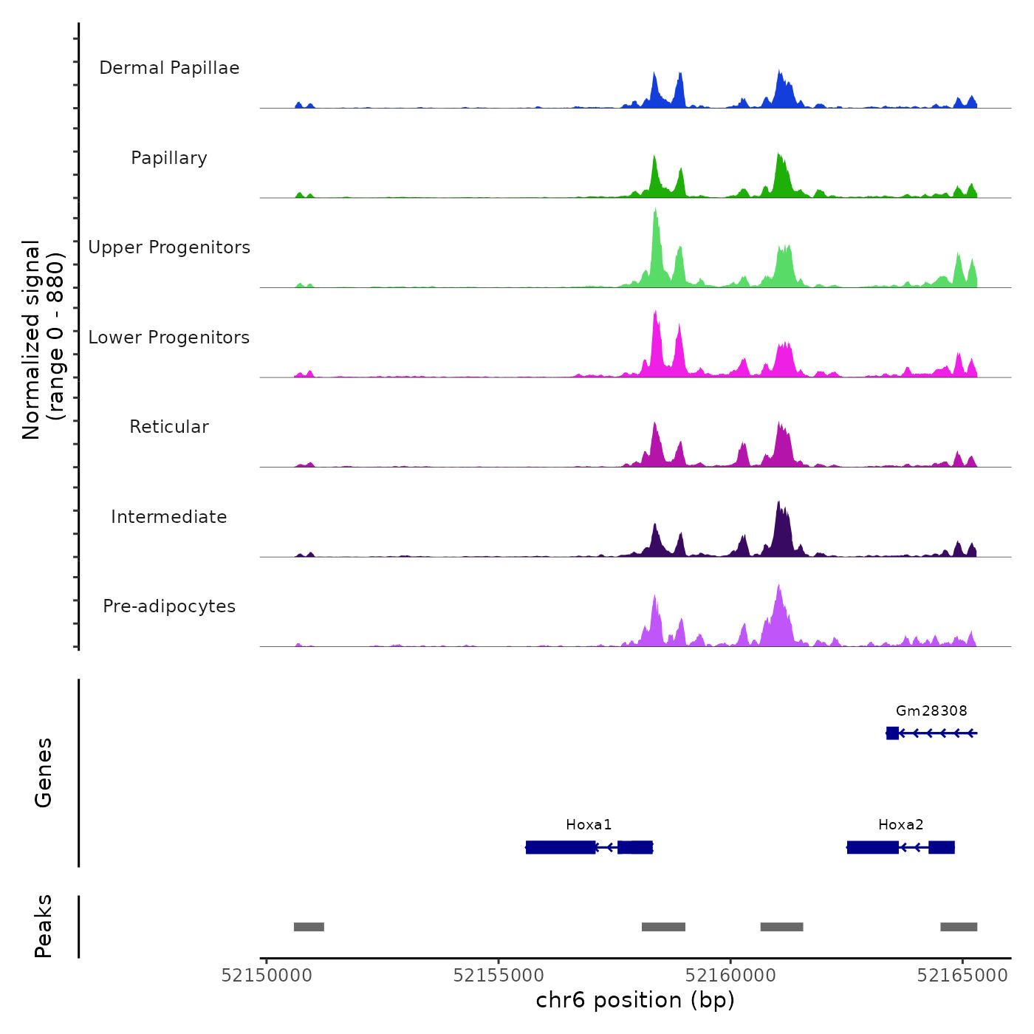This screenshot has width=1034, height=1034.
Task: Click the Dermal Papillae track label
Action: coord(169,68)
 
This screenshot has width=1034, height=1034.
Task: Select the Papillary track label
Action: coord(169,158)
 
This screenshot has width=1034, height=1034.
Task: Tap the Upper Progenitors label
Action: coord(169,247)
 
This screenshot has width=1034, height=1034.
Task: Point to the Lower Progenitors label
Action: coord(169,338)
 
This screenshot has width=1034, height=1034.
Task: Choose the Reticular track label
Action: coord(169,427)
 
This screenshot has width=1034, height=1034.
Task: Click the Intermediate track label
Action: coord(169,517)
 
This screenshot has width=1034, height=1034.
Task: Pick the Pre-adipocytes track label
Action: coord(169,606)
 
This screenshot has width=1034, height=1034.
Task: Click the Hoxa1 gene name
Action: coord(589,824)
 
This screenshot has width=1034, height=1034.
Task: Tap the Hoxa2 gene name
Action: coord(900,824)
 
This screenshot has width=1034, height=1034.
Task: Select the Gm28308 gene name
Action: coord(931,711)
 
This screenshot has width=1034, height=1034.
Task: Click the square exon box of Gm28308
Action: coord(892,733)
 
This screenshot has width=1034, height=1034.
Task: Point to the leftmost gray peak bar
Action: coord(309,927)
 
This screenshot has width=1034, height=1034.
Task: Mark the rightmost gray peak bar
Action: coord(959,927)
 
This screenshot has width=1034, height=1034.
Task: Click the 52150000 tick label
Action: coord(267,976)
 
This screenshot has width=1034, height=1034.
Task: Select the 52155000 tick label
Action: coord(499,976)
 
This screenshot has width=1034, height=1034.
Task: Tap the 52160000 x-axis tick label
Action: coord(730,976)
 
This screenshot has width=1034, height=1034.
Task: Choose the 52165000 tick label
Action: coord(962,976)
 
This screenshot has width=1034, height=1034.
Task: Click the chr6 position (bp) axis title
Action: coord(635,1000)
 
